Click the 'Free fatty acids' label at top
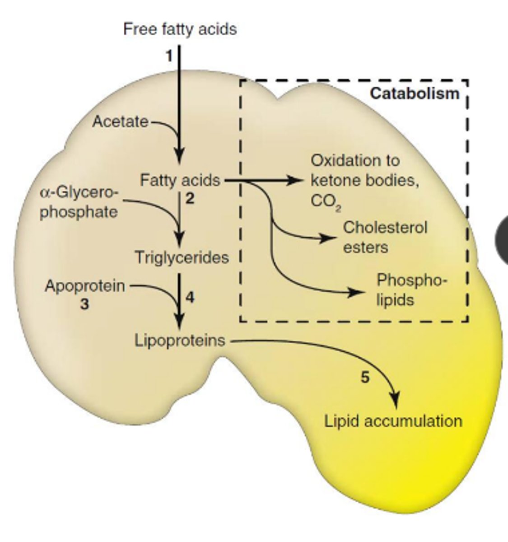click(180, 29)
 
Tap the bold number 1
click(169, 56)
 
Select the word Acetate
click(120, 121)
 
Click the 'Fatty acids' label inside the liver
click(180, 181)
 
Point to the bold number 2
click(190, 199)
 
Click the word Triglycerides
click(182, 258)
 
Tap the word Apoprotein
click(85, 286)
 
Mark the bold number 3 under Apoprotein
click(84, 305)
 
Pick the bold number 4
click(190, 298)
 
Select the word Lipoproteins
click(180, 340)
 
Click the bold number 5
click(365, 377)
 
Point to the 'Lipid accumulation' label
click(393, 421)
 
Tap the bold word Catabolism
click(415, 93)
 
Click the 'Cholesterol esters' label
click(385, 237)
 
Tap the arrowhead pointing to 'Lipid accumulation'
click(395, 400)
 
